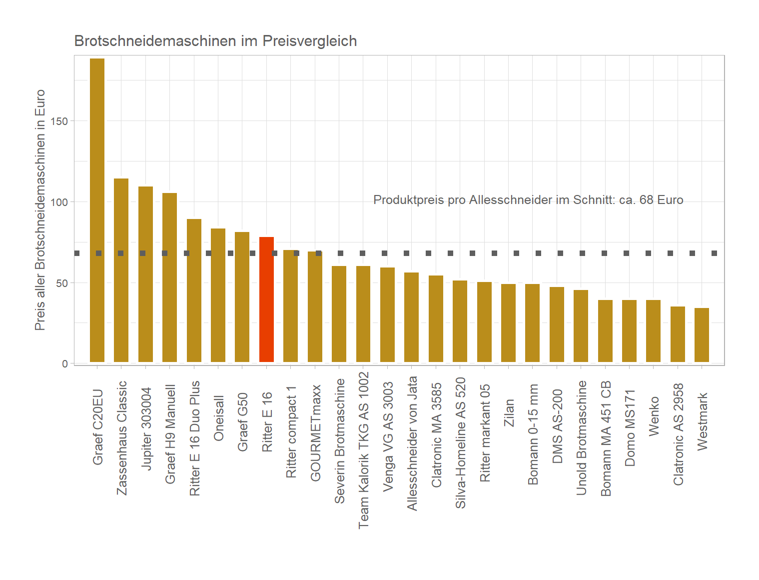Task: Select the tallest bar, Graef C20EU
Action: [97, 210]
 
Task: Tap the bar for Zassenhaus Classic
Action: [121, 270]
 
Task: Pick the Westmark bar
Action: [702, 335]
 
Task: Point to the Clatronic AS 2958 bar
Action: [678, 334]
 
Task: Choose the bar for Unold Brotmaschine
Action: [581, 326]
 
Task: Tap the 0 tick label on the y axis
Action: [65, 363]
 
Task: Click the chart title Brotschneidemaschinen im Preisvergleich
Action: [215, 41]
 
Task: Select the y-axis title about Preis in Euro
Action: [40, 210]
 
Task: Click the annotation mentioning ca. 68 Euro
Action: [528, 200]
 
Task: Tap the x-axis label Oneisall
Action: [218, 418]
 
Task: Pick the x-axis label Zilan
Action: [509, 412]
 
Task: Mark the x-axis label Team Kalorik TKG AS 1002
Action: [363, 450]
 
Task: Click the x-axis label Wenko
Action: [654, 416]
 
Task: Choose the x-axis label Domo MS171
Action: [630, 428]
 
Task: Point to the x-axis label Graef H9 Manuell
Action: [170, 434]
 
